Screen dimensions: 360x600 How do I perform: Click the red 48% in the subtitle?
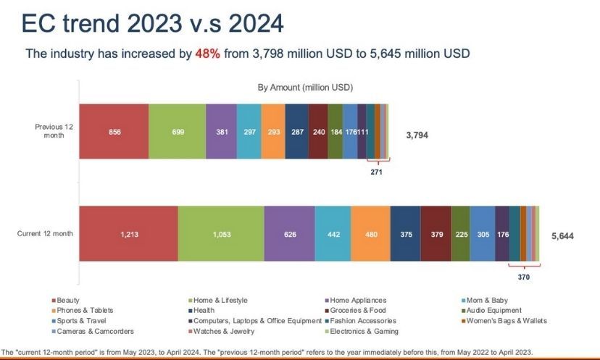coord(209,54)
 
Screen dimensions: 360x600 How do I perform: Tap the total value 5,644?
coord(562,236)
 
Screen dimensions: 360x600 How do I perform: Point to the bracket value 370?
coord(524,276)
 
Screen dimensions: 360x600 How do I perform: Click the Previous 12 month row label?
coord(54,130)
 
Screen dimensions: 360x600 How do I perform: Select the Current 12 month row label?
coord(45,234)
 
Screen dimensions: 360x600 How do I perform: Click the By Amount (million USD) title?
coord(305,88)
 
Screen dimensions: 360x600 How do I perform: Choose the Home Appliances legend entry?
coord(357,300)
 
